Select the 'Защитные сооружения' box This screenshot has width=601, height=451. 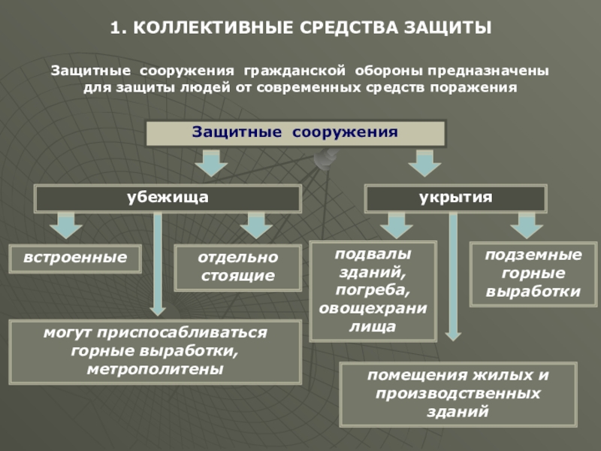295,133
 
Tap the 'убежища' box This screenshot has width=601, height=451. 168,198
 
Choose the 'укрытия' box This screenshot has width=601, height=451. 455,198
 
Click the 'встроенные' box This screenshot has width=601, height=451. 75,258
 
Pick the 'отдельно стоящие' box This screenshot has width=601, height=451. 237,267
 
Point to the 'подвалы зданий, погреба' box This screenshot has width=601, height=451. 373,290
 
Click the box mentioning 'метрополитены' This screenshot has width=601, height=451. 155,351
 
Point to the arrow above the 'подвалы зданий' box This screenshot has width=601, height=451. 396,225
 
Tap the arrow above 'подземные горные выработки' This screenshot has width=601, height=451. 526,225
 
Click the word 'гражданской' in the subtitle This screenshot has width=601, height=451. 294,71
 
